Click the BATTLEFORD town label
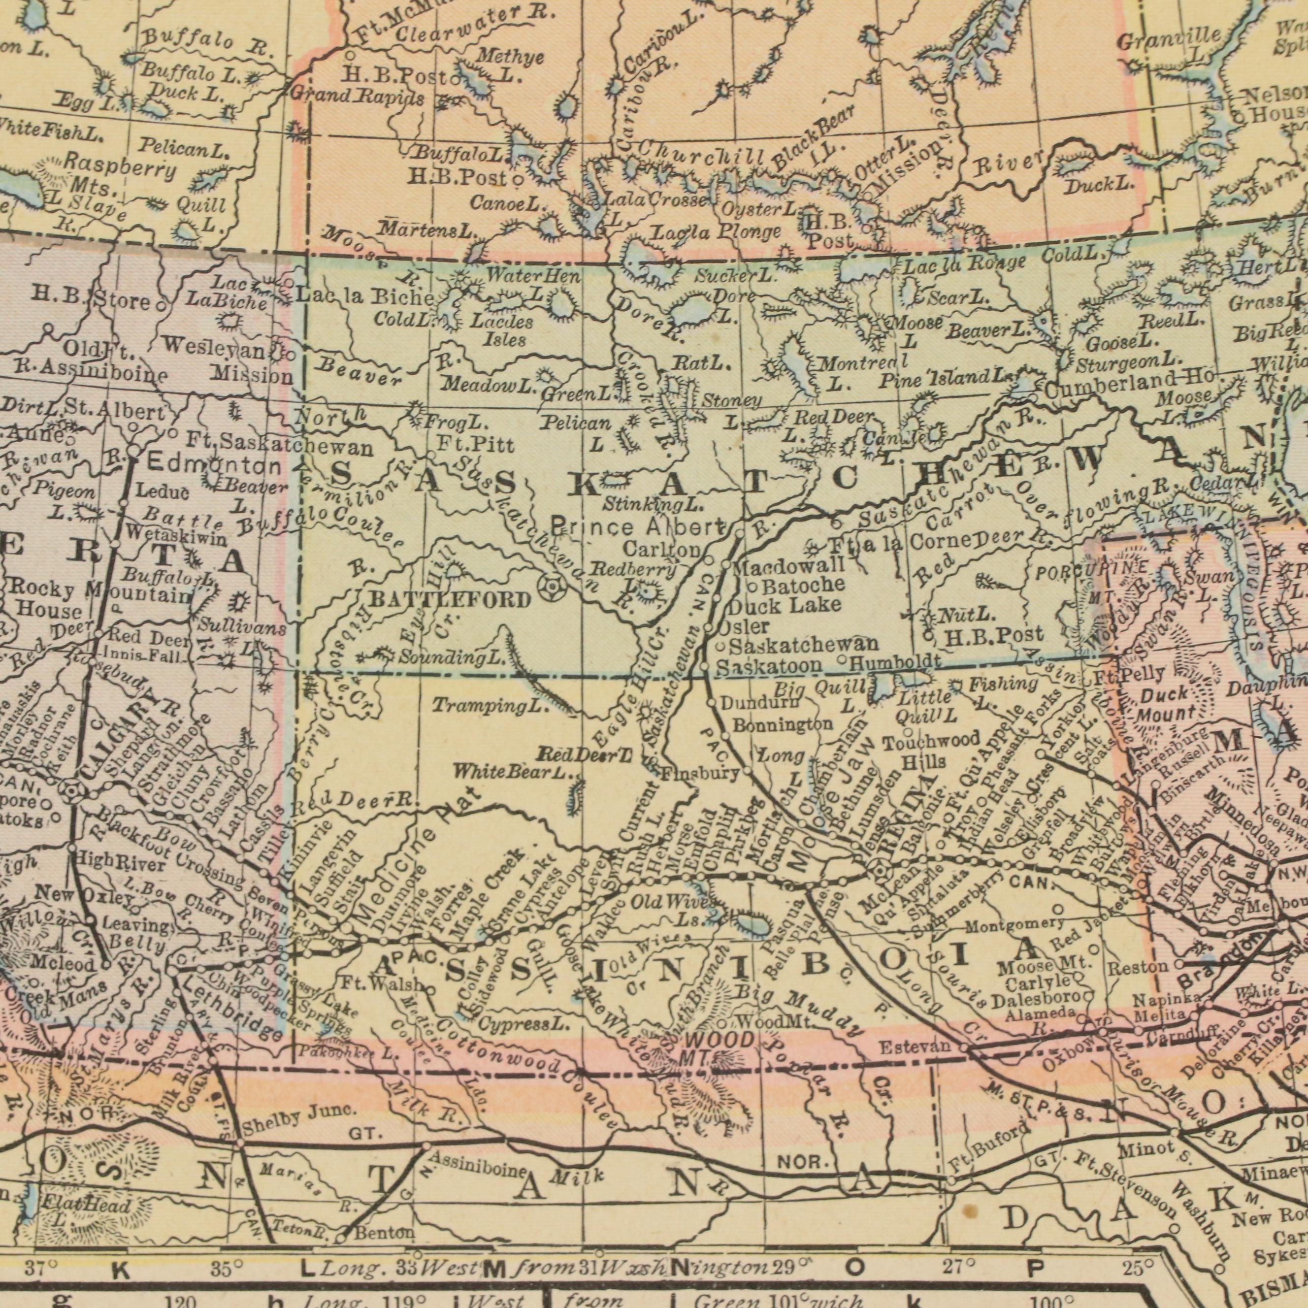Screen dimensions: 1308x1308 450,599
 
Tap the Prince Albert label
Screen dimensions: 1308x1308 638,525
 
